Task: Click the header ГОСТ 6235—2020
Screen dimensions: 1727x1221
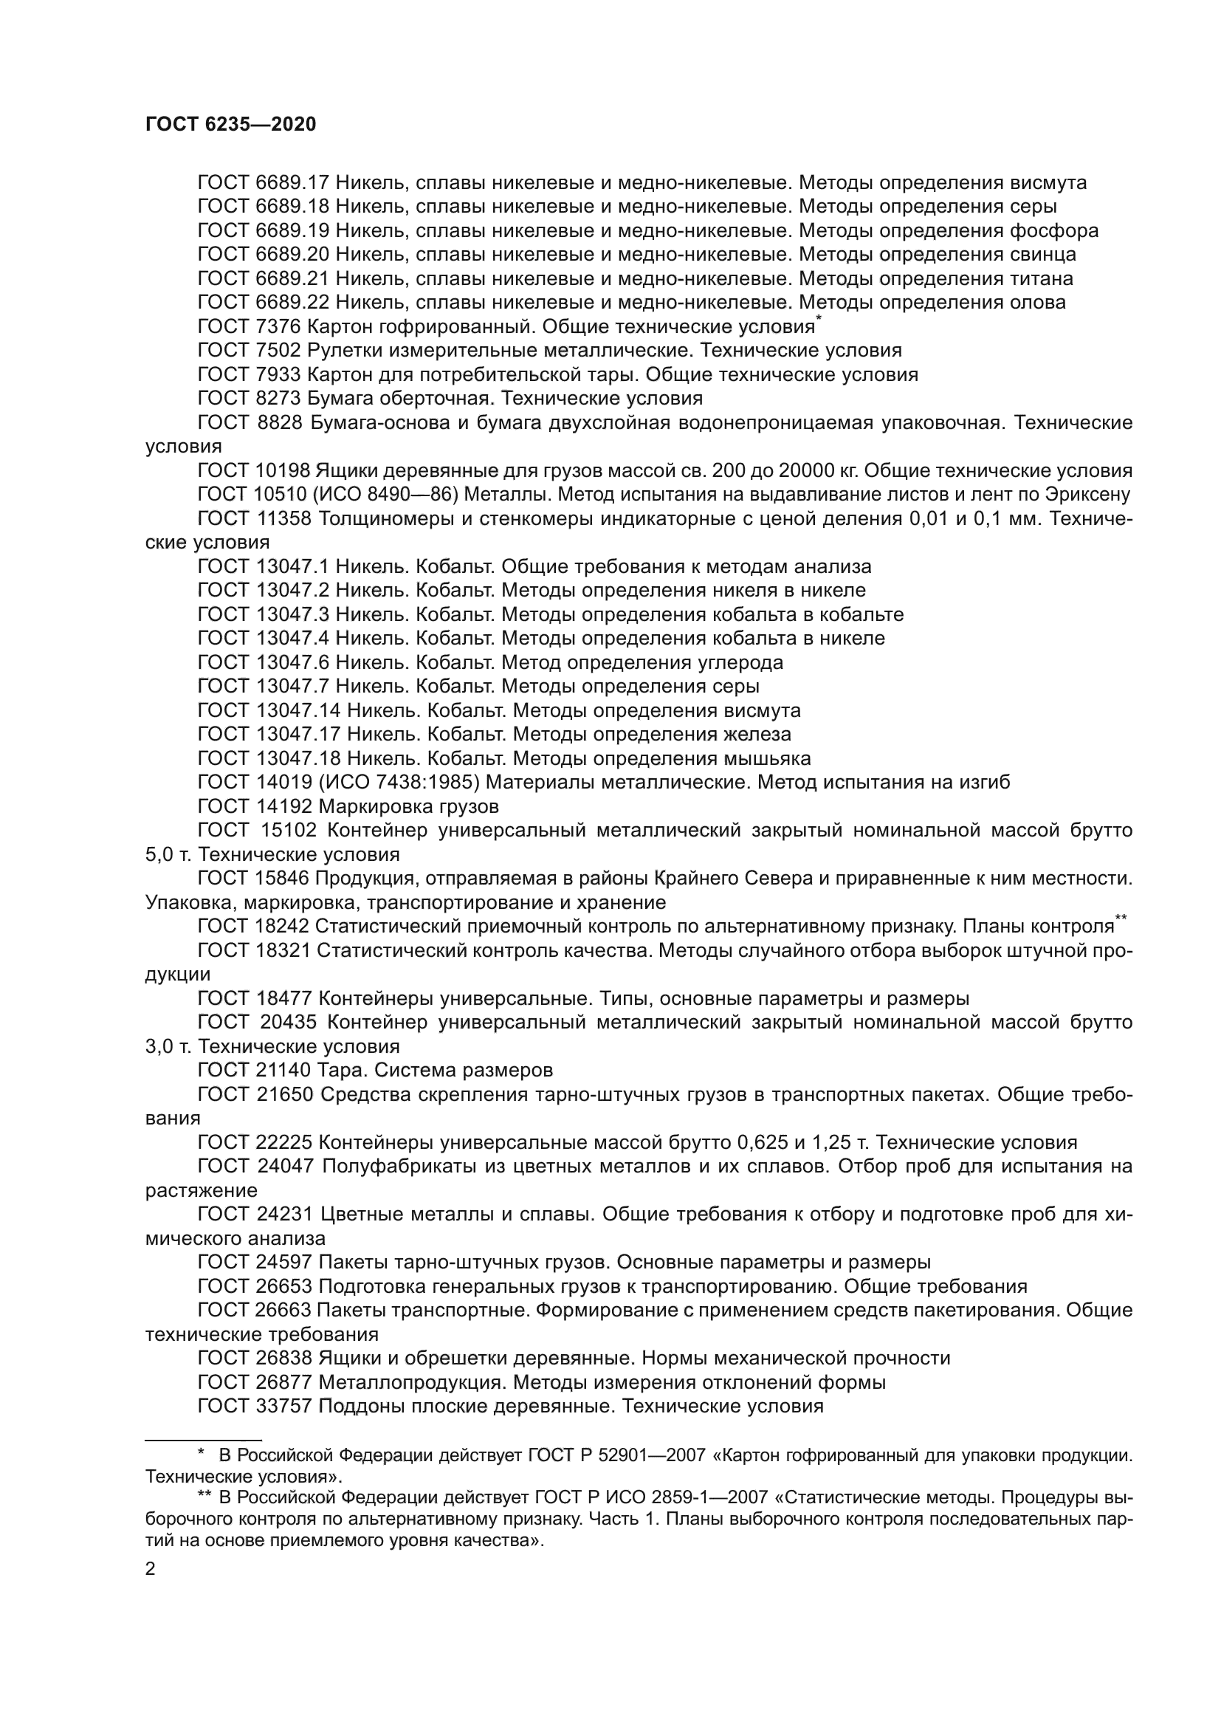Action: click(x=231, y=124)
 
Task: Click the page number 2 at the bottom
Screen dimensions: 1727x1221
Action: click(x=151, y=1569)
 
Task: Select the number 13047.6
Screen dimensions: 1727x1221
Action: click(x=292, y=662)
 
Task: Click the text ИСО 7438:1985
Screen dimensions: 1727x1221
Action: click(x=399, y=782)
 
